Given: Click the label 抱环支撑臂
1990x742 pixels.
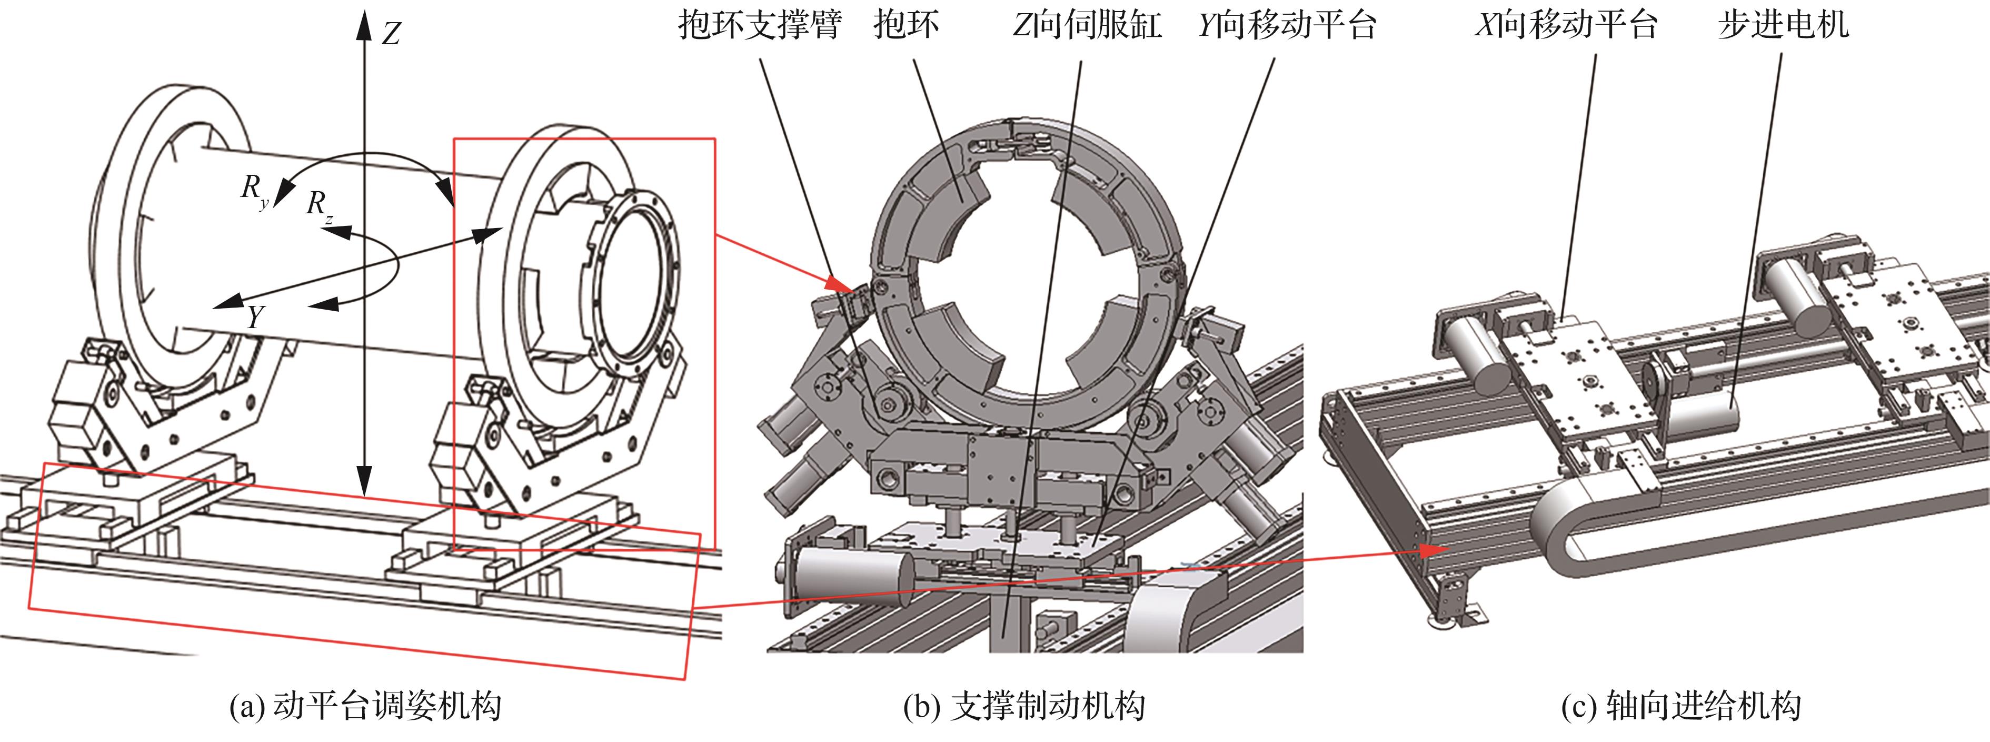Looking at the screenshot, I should click(x=759, y=25).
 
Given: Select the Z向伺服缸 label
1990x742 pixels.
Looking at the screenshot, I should click(x=1087, y=25).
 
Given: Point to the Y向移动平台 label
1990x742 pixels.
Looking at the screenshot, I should click(x=1287, y=25).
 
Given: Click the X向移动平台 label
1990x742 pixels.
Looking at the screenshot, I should click(x=1566, y=25).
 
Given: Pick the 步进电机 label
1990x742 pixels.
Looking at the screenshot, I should click(x=1783, y=25).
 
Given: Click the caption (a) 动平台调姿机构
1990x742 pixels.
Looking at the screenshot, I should click(x=365, y=706).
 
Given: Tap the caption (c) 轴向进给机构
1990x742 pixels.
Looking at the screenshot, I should click(x=1681, y=706).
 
